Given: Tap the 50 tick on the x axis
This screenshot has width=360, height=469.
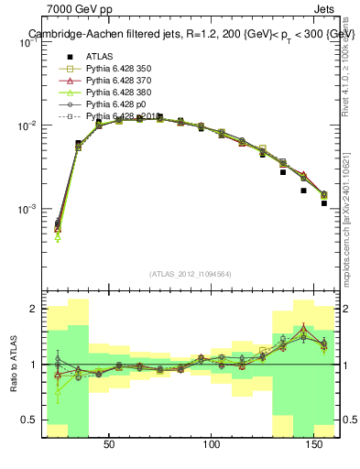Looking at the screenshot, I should coord(108,444).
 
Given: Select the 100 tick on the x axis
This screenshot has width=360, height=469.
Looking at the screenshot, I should coord(213,444).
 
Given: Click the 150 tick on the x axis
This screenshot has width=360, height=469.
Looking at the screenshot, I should coord(316,444).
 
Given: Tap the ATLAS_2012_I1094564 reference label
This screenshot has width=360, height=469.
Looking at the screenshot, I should coord(189,274).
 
